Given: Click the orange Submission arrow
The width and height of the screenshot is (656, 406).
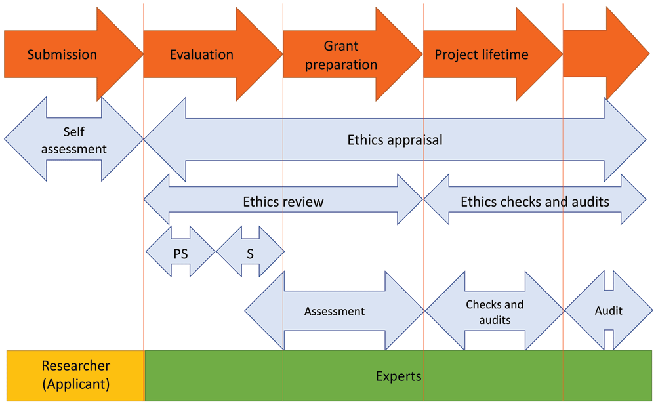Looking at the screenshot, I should [62, 54].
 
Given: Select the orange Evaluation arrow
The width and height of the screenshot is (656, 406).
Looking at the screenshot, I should [201, 54].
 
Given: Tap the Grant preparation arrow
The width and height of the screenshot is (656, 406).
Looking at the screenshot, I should [341, 55].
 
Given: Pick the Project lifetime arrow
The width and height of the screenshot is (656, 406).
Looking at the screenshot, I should [482, 54].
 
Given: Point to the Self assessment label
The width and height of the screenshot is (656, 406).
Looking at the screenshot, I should [73, 140].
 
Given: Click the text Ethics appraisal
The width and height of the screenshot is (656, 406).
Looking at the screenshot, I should [395, 140].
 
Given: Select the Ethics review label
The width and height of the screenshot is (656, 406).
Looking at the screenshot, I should [283, 201].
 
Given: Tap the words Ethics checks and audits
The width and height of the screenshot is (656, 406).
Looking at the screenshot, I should [535, 201].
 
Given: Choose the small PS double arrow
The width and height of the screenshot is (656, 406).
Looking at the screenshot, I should [180, 253].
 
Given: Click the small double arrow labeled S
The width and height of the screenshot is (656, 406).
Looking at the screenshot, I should [250, 253].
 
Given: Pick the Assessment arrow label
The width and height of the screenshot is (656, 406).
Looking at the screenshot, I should [334, 312].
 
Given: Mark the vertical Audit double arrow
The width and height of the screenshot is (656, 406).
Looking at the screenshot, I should [608, 310].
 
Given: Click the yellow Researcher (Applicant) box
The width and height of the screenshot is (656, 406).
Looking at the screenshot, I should [75, 375].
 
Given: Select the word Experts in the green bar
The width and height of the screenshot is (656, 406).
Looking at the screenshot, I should [398, 376].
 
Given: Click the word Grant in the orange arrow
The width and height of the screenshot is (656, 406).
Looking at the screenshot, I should [341, 46].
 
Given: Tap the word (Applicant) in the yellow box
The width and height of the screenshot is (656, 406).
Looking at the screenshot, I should [76, 384].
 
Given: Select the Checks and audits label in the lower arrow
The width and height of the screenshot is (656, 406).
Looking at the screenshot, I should [495, 312].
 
